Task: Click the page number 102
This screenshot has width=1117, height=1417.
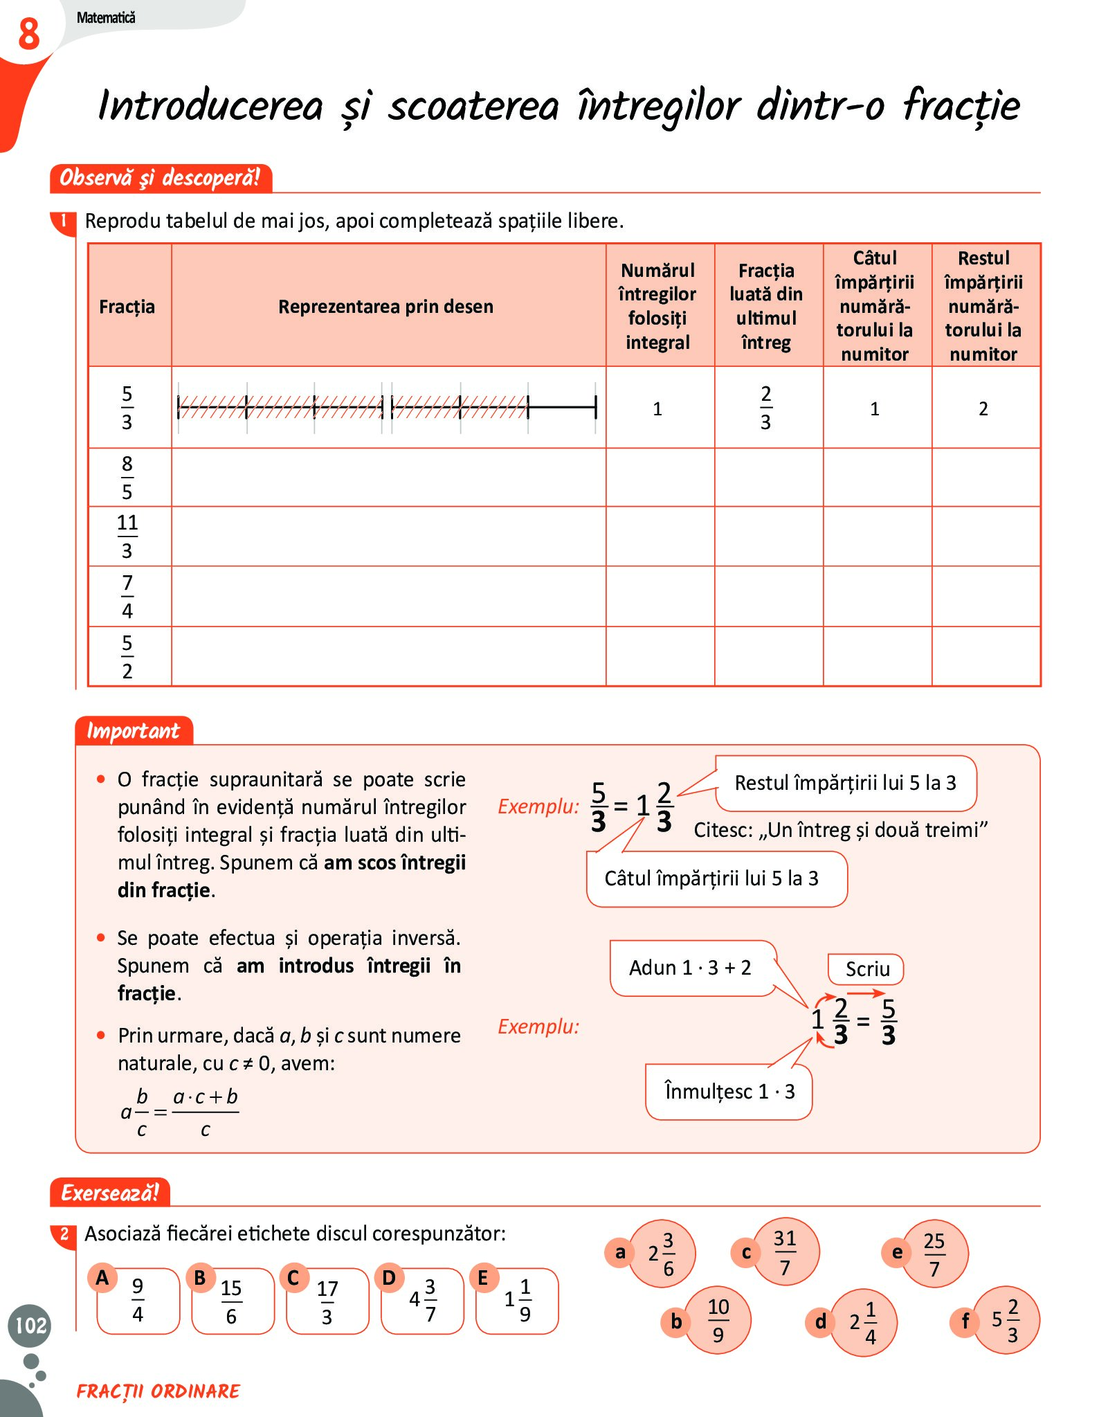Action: click(x=30, y=1325)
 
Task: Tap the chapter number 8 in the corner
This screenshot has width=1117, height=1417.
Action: click(x=28, y=34)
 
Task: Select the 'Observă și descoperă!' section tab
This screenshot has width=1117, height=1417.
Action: click(x=160, y=178)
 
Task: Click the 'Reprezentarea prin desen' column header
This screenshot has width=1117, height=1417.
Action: click(x=385, y=306)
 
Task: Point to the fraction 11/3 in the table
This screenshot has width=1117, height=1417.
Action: click(x=127, y=536)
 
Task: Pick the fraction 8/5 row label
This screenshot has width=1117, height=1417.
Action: click(x=127, y=478)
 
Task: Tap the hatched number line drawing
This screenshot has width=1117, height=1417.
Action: click(x=386, y=407)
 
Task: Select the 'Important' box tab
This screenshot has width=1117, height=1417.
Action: click(x=133, y=731)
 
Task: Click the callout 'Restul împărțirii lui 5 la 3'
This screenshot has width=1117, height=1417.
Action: click(x=845, y=783)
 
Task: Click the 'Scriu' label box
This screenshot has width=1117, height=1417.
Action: click(x=866, y=969)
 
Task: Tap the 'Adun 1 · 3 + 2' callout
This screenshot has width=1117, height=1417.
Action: click(x=691, y=968)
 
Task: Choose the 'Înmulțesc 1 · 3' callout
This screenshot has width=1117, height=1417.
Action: click(x=729, y=1092)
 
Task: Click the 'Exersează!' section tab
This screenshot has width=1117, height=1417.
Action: click(x=110, y=1193)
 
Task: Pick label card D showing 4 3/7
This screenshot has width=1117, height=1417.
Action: click(x=421, y=1300)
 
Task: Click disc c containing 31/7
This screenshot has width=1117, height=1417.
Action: click(x=785, y=1252)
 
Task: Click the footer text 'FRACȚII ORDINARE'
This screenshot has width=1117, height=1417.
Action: click(x=158, y=1391)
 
